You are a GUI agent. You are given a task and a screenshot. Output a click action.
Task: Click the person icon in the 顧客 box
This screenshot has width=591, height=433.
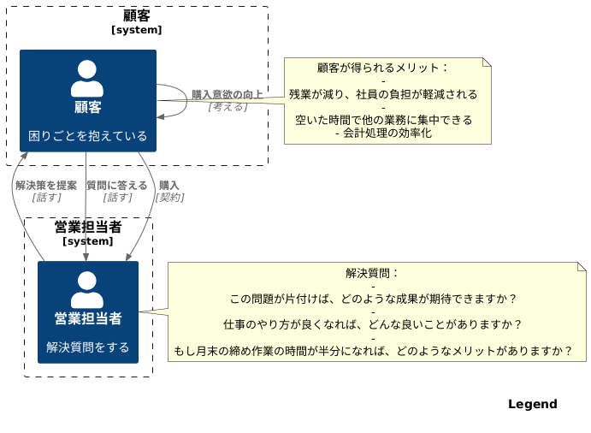coord(87,79)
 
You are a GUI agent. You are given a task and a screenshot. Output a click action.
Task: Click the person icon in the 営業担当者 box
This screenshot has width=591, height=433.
coord(87,289)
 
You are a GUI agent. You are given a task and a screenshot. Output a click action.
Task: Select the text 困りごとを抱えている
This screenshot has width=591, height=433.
coord(88,135)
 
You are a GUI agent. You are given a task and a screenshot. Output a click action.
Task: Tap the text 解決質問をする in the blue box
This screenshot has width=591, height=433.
coord(88,347)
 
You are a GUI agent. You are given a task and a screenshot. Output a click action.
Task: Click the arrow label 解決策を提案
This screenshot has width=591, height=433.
coord(46,185)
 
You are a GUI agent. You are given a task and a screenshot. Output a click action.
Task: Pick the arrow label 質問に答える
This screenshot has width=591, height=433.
coord(117,185)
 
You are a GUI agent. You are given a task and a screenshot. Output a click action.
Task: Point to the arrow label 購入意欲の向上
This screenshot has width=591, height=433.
coord(228,94)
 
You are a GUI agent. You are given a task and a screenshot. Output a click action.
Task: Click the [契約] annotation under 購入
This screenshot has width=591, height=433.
coord(169,197)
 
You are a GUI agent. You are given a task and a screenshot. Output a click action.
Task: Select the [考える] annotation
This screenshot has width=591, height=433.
coord(228,106)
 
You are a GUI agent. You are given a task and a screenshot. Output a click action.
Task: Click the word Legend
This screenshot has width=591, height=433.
coord(532,404)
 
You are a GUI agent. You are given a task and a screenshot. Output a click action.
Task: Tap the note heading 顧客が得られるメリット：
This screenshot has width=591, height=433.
coord(382,68)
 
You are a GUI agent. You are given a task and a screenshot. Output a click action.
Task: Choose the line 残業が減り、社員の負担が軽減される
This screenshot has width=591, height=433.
coord(382,94)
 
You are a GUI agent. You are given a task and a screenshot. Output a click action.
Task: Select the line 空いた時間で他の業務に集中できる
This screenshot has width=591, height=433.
coord(383,120)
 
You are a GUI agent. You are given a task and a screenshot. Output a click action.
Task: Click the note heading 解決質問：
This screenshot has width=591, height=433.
coord(372,274)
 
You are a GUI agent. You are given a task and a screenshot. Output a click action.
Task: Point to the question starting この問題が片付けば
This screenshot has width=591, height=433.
coord(373,300)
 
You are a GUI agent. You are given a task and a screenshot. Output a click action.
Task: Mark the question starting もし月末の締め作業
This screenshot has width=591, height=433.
coord(373,350)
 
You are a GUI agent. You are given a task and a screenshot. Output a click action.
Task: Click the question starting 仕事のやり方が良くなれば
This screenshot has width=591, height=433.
coord(373,325)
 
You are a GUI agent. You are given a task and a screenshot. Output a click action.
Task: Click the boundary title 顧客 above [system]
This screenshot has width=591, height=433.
coord(137,15)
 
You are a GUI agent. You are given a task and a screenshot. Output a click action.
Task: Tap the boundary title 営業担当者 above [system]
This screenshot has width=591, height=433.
coord(88,227)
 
